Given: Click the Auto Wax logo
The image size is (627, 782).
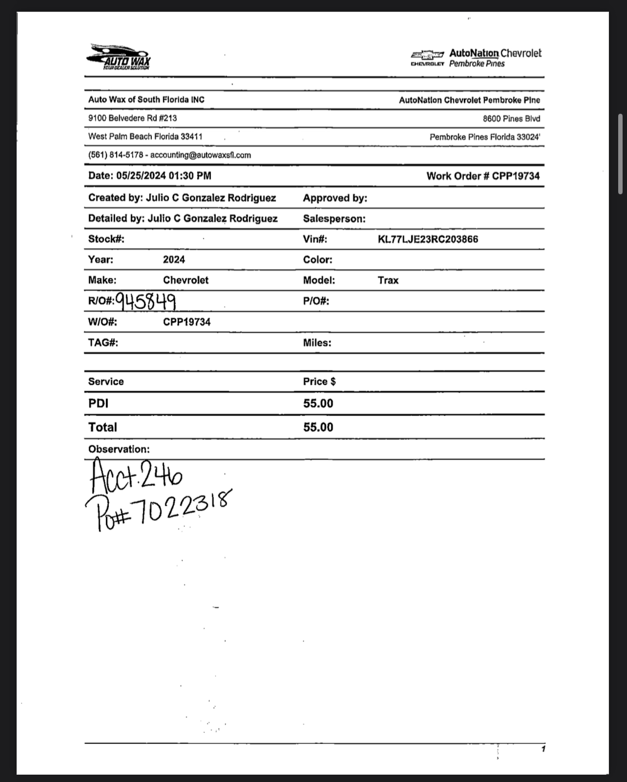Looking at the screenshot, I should pos(119,57).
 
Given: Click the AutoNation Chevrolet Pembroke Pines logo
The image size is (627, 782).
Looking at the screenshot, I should pos(476,58).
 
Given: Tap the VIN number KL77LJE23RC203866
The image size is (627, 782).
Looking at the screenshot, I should pos(428,239).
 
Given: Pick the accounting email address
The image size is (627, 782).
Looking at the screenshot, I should pos(200,155).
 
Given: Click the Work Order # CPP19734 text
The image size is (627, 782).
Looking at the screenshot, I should pos(483,176).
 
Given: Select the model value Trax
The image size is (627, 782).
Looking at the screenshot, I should pos(388,281).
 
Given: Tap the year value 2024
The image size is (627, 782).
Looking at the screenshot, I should pos(174,260).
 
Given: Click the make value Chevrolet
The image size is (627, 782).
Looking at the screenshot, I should pos(186,281).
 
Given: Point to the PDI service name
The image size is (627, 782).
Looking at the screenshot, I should pos(98,404).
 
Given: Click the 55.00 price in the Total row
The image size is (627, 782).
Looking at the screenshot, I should pos(318,428).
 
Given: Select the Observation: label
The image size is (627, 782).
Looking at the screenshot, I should pos(119,449).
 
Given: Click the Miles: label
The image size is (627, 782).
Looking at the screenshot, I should pos(317,343).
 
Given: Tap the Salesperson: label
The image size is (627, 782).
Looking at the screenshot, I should pos(334,219).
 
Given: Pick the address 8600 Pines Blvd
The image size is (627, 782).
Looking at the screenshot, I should pos(511,119).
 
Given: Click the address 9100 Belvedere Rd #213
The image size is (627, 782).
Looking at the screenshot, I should pos(132,118).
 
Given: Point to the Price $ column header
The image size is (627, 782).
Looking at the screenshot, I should pos(319,382).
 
